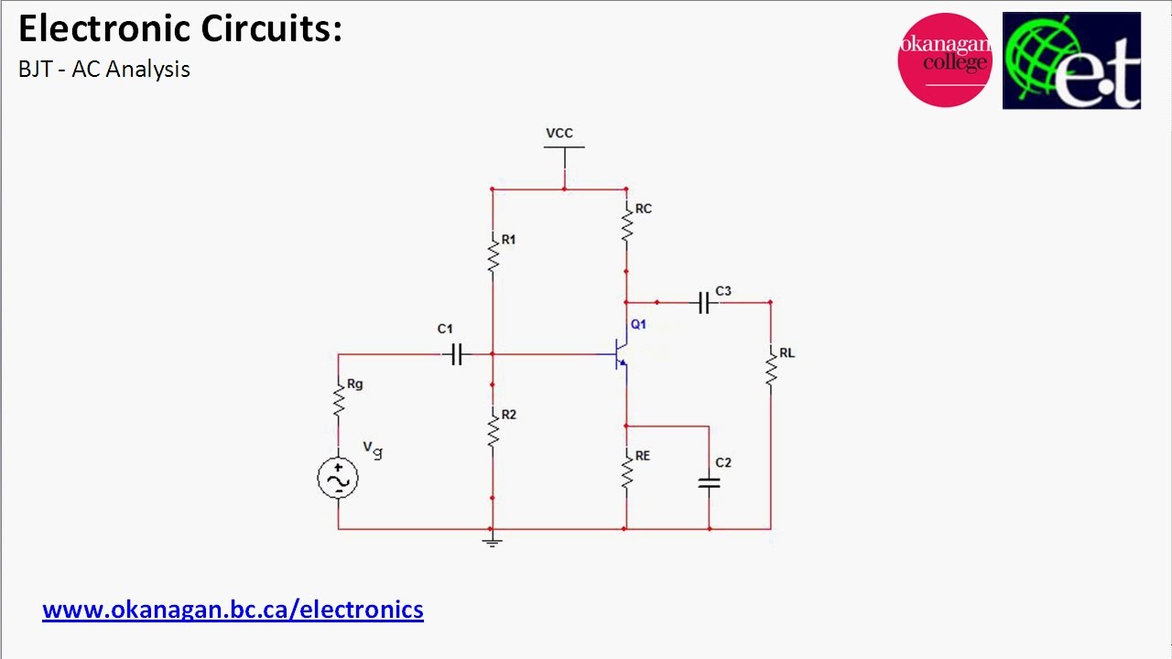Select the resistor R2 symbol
click(493, 428)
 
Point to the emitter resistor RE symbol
click(626, 470)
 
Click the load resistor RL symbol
click(770, 368)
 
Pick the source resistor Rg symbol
click(338, 399)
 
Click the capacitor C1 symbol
click(457, 354)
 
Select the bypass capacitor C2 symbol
click(709, 482)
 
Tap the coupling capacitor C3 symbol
click(703, 302)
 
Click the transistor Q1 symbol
click(621, 355)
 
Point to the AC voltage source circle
click(338, 479)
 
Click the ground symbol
click(492, 541)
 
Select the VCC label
click(559, 134)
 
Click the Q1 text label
click(638, 324)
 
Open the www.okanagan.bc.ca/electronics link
click(233, 610)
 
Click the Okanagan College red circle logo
click(945, 60)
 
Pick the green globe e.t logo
click(1071, 60)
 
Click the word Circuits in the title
click(272, 29)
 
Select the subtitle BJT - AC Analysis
click(104, 70)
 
